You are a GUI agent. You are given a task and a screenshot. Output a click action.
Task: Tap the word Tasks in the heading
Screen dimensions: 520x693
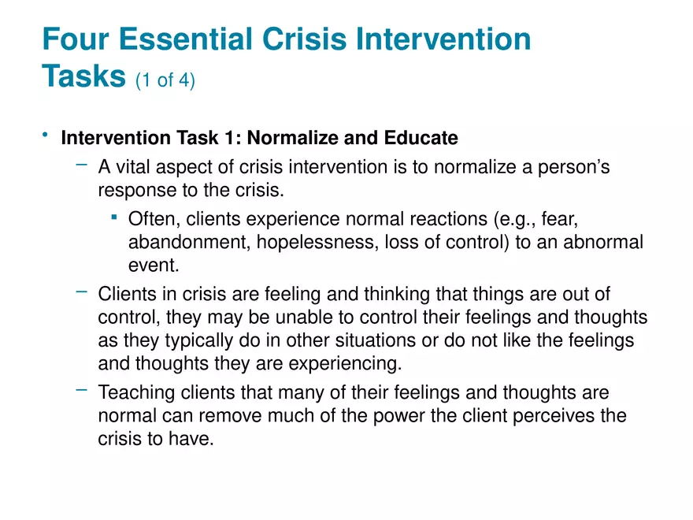pyautogui.click(x=83, y=76)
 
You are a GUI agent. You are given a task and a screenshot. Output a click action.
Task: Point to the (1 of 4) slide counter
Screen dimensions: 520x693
pyautogui.click(x=165, y=80)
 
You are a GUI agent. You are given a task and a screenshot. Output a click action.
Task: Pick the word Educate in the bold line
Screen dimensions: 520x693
pyautogui.click(x=421, y=139)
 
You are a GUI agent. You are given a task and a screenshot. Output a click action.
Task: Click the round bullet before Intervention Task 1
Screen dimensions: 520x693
pyautogui.click(x=46, y=136)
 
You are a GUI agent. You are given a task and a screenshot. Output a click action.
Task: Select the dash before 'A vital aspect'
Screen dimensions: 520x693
pyautogui.click(x=81, y=165)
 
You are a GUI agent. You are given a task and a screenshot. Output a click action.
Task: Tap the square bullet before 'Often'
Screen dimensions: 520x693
pyautogui.click(x=115, y=216)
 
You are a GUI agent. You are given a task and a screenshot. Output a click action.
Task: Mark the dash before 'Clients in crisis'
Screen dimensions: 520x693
pyautogui.click(x=81, y=292)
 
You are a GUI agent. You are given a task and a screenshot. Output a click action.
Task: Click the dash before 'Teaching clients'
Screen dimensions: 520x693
pyautogui.click(x=81, y=389)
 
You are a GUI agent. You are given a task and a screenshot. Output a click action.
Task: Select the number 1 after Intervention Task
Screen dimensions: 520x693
pyautogui.click(x=233, y=139)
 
